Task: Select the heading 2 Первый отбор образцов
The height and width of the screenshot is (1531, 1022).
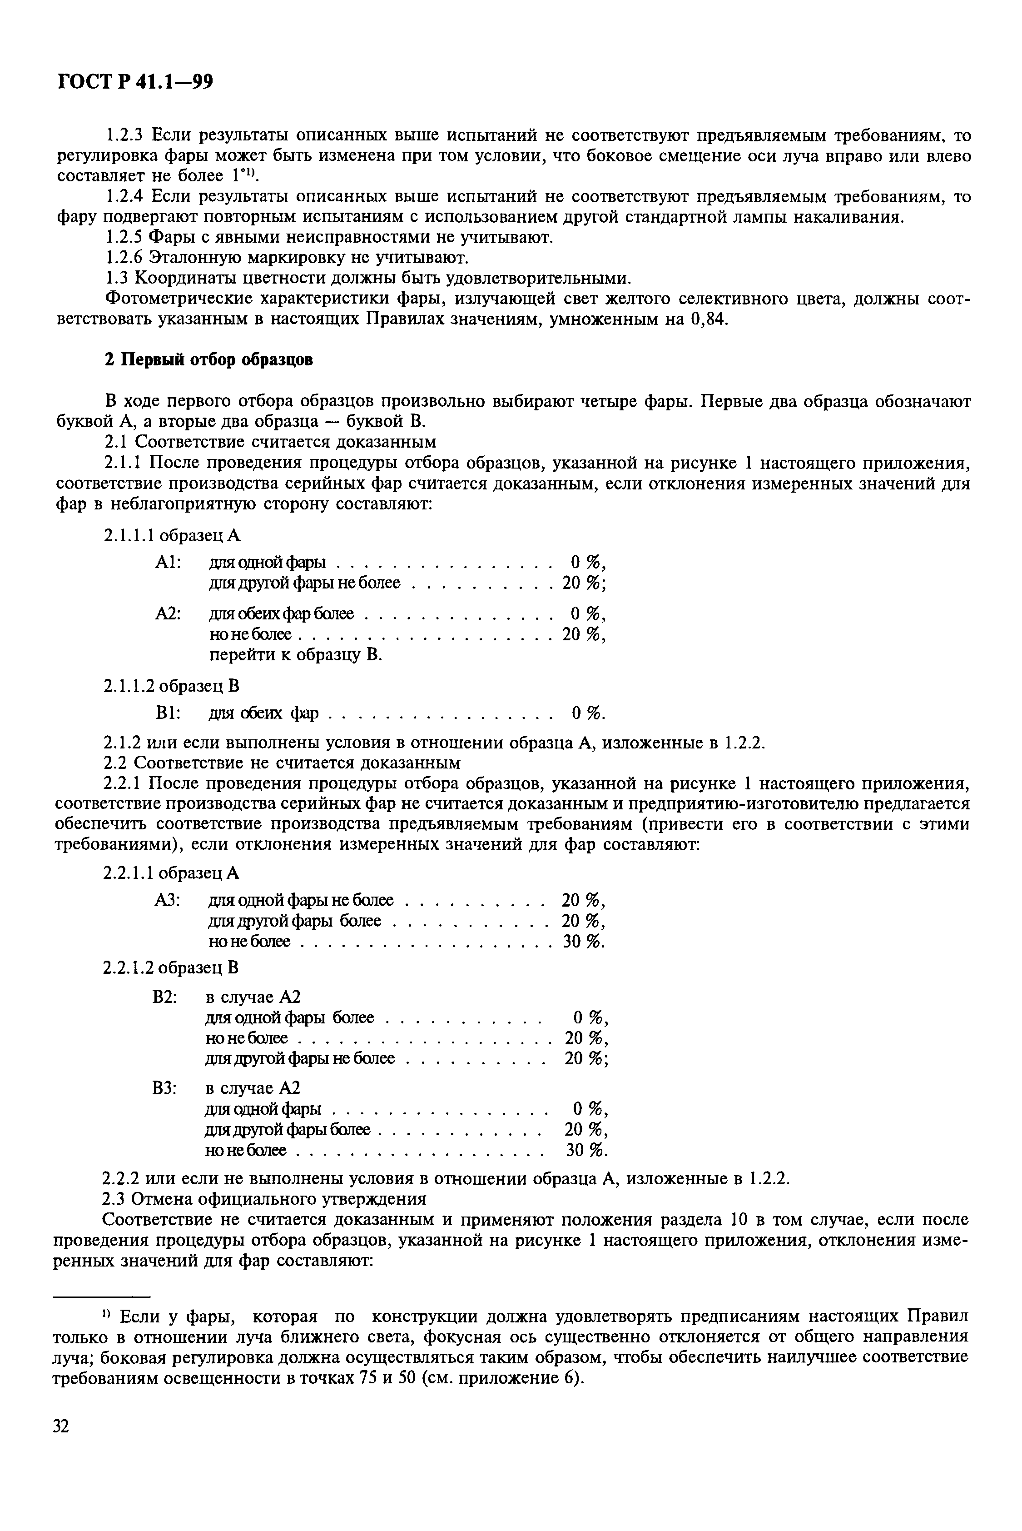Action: click(208, 360)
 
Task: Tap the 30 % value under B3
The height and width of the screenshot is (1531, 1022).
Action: click(586, 1150)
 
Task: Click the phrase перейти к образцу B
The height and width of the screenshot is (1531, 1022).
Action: click(295, 655)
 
